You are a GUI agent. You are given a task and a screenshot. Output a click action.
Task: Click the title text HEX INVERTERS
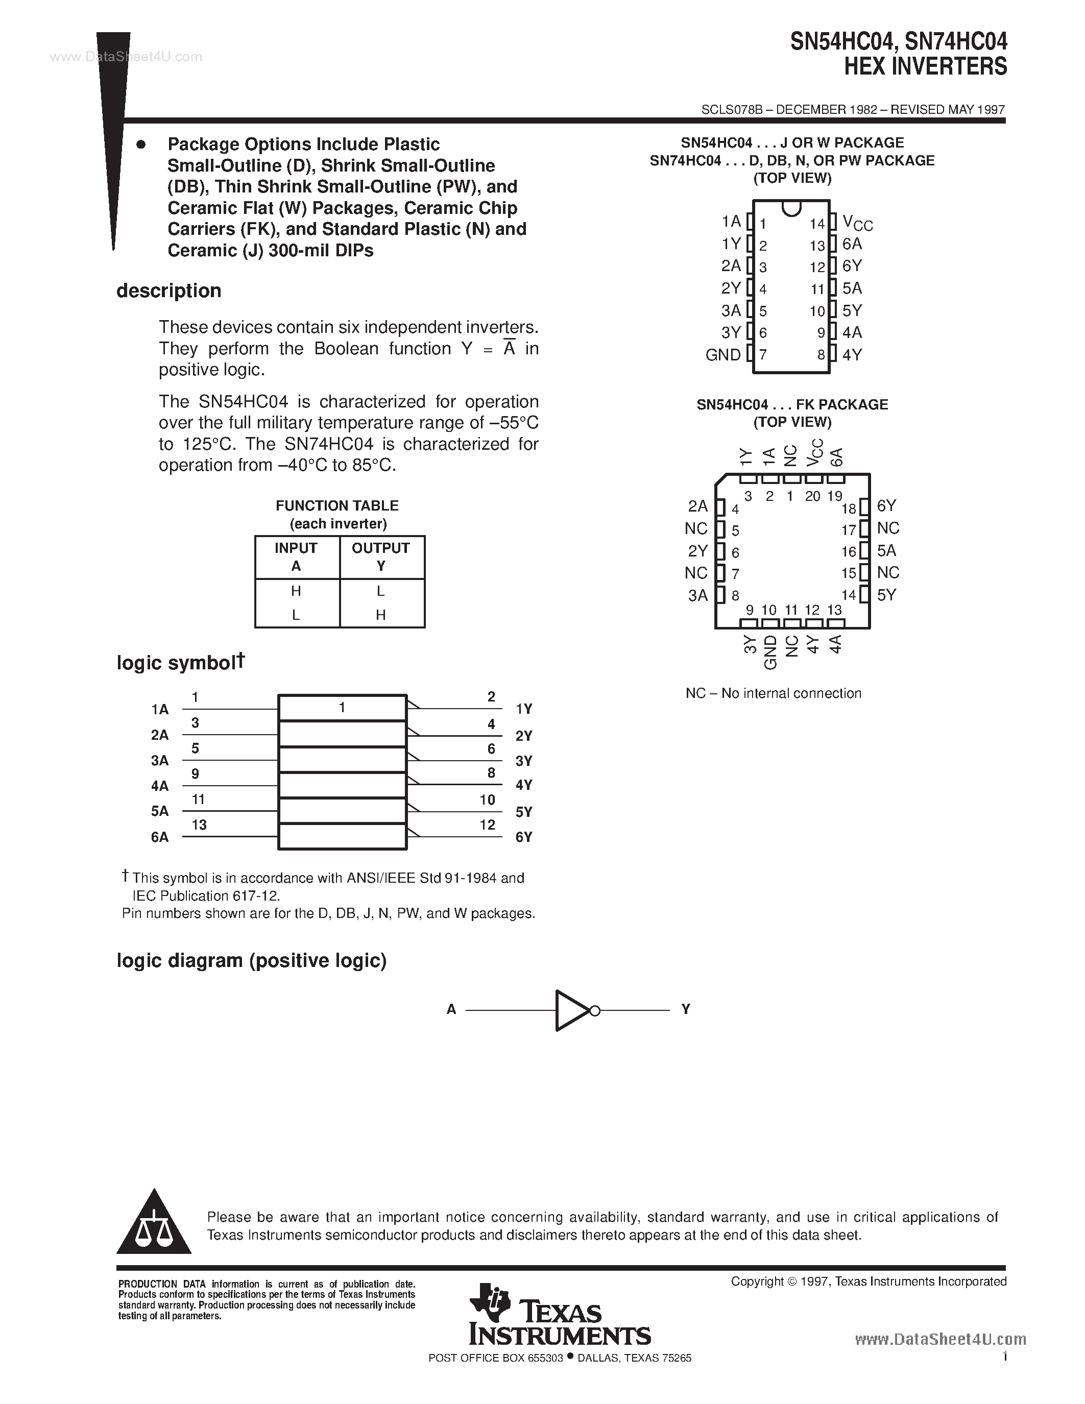[x=925, y=67]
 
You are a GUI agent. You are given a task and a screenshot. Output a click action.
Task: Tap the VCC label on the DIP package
[x=857, y=223]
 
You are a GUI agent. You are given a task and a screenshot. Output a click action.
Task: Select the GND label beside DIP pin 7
[x=722, y=355]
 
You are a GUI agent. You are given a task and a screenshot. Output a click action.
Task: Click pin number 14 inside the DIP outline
[x=816, y=224]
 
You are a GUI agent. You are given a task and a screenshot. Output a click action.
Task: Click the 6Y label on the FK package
[x=886, y=506]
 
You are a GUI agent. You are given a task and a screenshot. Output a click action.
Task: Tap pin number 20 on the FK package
[x=812, y=496]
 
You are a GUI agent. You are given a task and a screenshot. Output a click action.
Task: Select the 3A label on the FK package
[x=697, y=596]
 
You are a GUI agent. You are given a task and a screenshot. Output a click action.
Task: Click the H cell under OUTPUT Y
[x=380, y=615]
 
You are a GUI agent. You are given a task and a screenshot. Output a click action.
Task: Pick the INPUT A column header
[x=296, y=556]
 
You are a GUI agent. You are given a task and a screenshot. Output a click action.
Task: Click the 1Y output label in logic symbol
[x=524, y=709]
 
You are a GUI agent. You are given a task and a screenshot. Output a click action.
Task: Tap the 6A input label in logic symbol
[x=159, y=837]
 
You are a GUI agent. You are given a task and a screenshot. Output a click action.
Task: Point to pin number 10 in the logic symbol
[x=487, y=800]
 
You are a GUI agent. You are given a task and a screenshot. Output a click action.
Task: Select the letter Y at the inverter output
[x=686, y=1009]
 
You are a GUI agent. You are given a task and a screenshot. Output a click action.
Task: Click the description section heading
[x=168, y=291]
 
